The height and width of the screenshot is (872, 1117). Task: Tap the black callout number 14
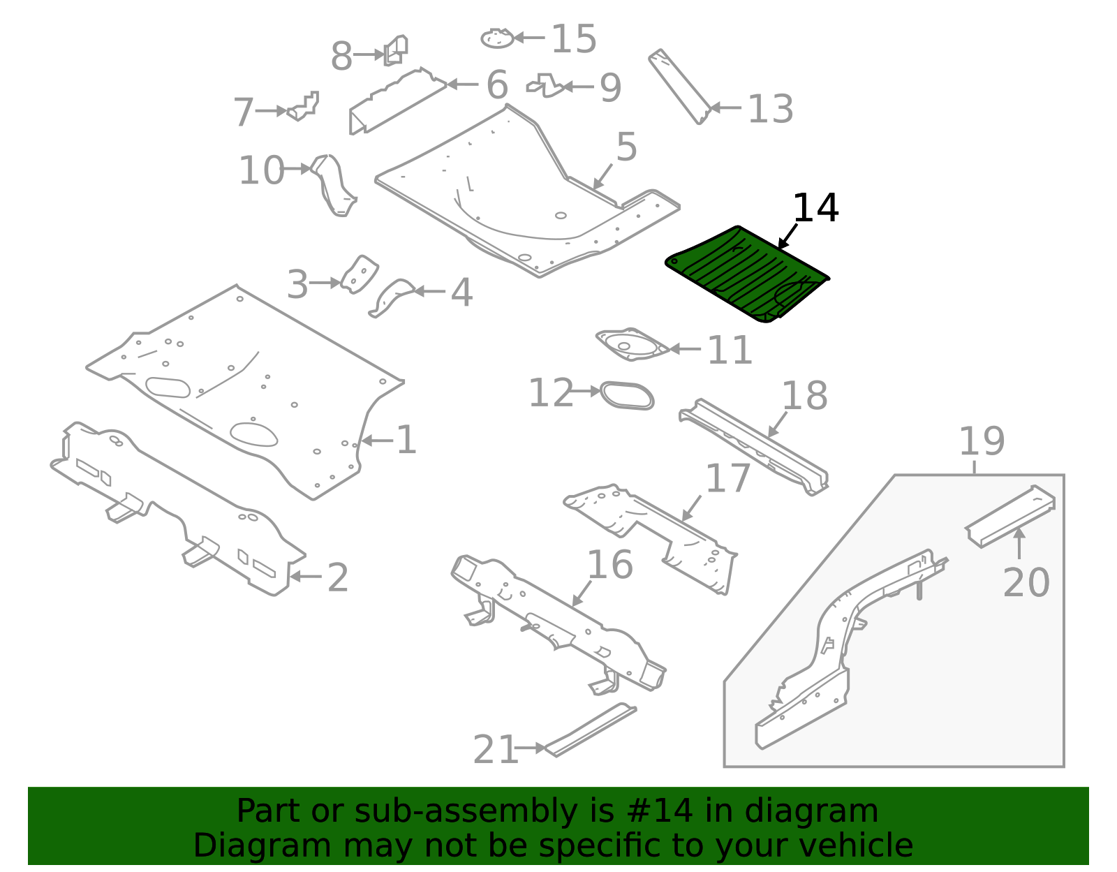tap(815, 208)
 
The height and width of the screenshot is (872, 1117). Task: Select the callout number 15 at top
tap(573, 38)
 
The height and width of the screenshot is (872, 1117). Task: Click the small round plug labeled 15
tap(497, 38)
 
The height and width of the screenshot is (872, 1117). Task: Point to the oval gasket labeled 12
tap(627, 395)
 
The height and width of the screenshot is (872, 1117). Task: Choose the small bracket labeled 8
tap(396, 50)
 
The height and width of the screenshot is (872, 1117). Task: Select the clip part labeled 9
tap(547, 86)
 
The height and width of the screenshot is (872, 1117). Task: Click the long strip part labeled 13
tap(679, 87)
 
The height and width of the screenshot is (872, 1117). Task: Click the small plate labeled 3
tap(359, 274)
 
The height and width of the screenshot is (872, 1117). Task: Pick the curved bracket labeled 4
tap(392, 297)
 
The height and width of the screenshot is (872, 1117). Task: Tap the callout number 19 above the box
tap(981, 441)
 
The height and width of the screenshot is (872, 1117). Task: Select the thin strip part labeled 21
tap(590, 730)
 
